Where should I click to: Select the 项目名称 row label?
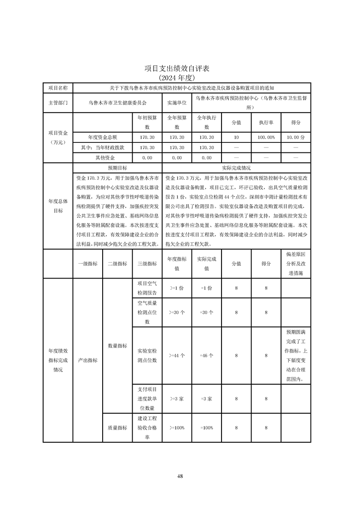58,88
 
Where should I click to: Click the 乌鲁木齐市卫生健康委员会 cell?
118,103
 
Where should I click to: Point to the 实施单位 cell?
177,103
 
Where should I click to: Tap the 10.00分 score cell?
296,137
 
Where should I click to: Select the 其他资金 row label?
104,158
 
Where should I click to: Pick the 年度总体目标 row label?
58,206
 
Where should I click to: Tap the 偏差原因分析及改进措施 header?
296,264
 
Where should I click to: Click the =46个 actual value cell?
207,356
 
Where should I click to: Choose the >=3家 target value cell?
177,399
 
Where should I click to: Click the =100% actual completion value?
207,428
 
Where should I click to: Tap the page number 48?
180,476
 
